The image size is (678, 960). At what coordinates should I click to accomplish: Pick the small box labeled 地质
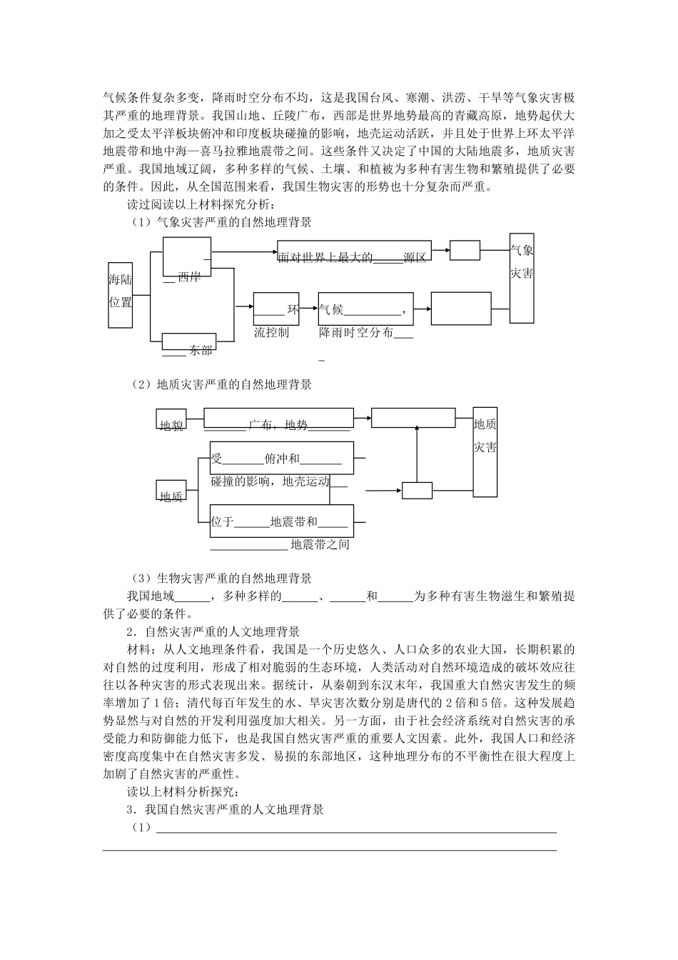[x=171, y=496]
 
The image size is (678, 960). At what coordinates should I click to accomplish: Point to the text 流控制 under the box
[x=271, y=333]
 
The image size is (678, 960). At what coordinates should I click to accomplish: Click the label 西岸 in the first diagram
[x=189, y=277]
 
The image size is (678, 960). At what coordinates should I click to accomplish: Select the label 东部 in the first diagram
[x=201, y=351]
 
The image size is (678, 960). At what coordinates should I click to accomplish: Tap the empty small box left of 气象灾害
[x=465, y=251]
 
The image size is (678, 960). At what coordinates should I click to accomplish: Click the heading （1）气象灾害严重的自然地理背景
[x=221, y=222]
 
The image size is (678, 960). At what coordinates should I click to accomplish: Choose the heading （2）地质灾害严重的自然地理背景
[x=221, y=384]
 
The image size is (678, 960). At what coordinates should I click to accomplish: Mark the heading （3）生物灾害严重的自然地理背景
[x=221, y=578]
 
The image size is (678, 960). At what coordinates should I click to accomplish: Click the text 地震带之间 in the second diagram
[x=320, y=545]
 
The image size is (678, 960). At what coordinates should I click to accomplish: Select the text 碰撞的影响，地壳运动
[x=270, y=482]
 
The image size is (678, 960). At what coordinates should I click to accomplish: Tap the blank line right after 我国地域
[x=191, y=597]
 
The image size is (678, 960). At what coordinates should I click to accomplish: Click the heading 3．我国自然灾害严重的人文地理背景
[x=225, y=809]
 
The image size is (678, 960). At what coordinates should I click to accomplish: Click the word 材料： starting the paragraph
[x=139, y=649]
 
